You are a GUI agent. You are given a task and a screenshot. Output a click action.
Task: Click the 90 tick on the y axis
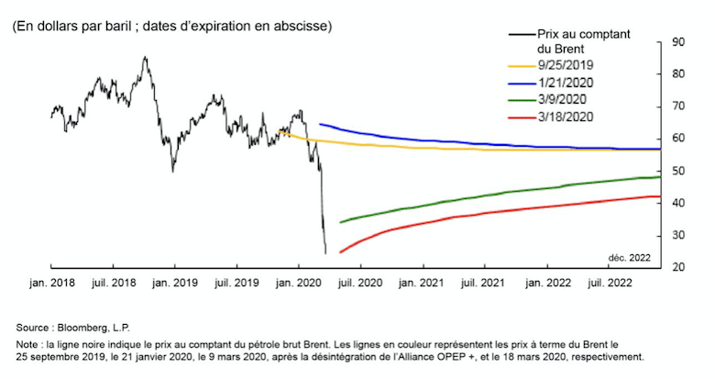(679, 41)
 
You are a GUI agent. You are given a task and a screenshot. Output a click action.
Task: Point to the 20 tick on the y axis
(679, 267)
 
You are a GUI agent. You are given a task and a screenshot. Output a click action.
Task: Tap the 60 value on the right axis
(679, 139)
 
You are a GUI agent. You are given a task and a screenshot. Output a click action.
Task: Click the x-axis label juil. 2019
(236, 286)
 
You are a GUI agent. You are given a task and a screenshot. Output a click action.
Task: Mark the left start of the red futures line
(340, 251)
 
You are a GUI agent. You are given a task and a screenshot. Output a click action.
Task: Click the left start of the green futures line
(340, 222)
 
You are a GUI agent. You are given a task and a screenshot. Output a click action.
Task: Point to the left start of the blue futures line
(319, 124)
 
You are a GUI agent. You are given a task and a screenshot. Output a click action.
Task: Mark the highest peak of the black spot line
(145, 57)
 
